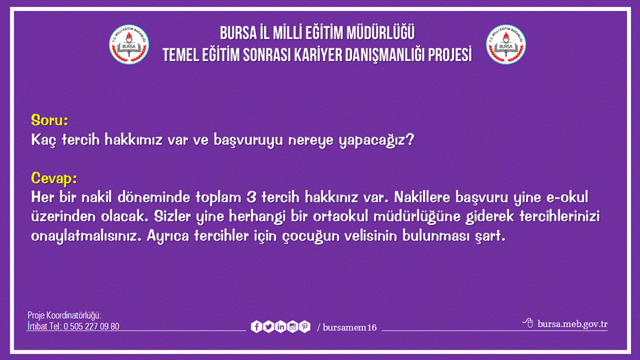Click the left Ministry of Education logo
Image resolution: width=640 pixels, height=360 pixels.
point(129,45)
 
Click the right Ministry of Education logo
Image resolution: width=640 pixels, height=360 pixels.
point(506,45)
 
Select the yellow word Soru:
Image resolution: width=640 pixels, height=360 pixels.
point(49,121)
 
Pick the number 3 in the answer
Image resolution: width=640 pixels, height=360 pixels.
point(251,197)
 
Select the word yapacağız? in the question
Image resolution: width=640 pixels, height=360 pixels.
point(377,141)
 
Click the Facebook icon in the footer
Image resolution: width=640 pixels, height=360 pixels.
point(256,327)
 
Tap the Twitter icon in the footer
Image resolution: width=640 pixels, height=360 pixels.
point(268,327)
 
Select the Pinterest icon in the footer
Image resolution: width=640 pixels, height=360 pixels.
point(305,327)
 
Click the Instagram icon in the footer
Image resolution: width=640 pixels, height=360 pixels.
point(292,327)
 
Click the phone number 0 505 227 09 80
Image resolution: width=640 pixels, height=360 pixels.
point(92,326)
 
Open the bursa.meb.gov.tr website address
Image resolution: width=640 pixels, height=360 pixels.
point(572,324)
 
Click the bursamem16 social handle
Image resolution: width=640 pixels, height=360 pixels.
point(349,328)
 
